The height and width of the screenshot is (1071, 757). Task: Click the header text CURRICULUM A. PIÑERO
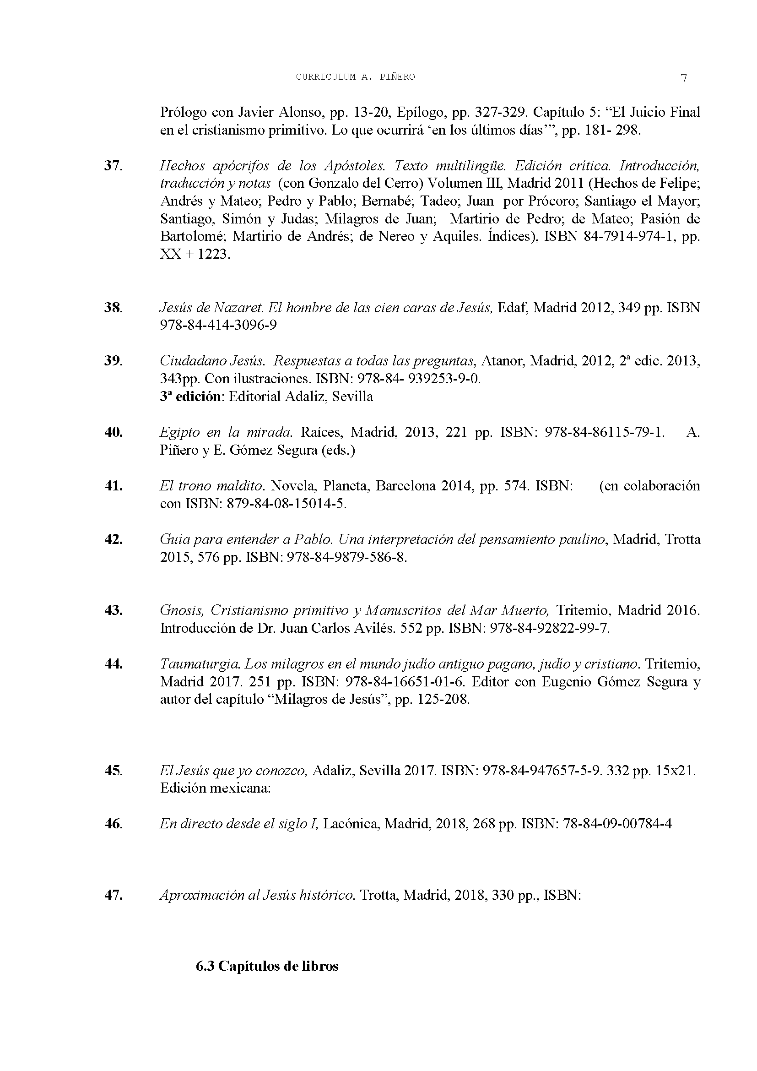[355, 77]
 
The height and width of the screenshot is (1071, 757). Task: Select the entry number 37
[113, 166]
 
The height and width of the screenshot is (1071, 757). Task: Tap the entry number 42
[113, 540]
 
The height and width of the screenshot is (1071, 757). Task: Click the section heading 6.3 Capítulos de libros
[267, 966]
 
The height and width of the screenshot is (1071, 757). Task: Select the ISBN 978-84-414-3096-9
[218, 325]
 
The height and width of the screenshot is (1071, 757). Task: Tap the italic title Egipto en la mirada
[226, 432]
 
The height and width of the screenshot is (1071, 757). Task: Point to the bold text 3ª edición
[190, 397]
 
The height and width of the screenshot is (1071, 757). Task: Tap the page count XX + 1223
[195, 255]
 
